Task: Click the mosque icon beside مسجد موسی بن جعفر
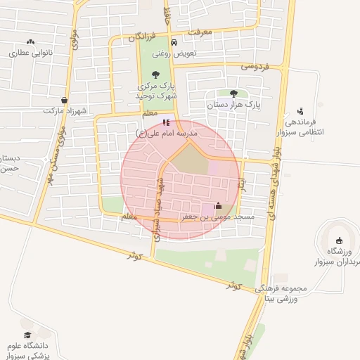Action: pos(217,206)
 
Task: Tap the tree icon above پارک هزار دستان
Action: pos(233,93)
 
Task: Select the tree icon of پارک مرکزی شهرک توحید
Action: pos(157,75)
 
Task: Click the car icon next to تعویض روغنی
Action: pos(164,53)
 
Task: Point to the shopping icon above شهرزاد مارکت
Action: pos(65,100)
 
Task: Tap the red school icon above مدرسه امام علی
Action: pos(165,122)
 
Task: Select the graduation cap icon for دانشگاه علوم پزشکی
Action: pos(27,335)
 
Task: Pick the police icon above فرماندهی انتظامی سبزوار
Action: pos(301,111)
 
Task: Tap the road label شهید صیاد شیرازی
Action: pos(160,209)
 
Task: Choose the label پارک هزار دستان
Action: pos(233,105)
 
